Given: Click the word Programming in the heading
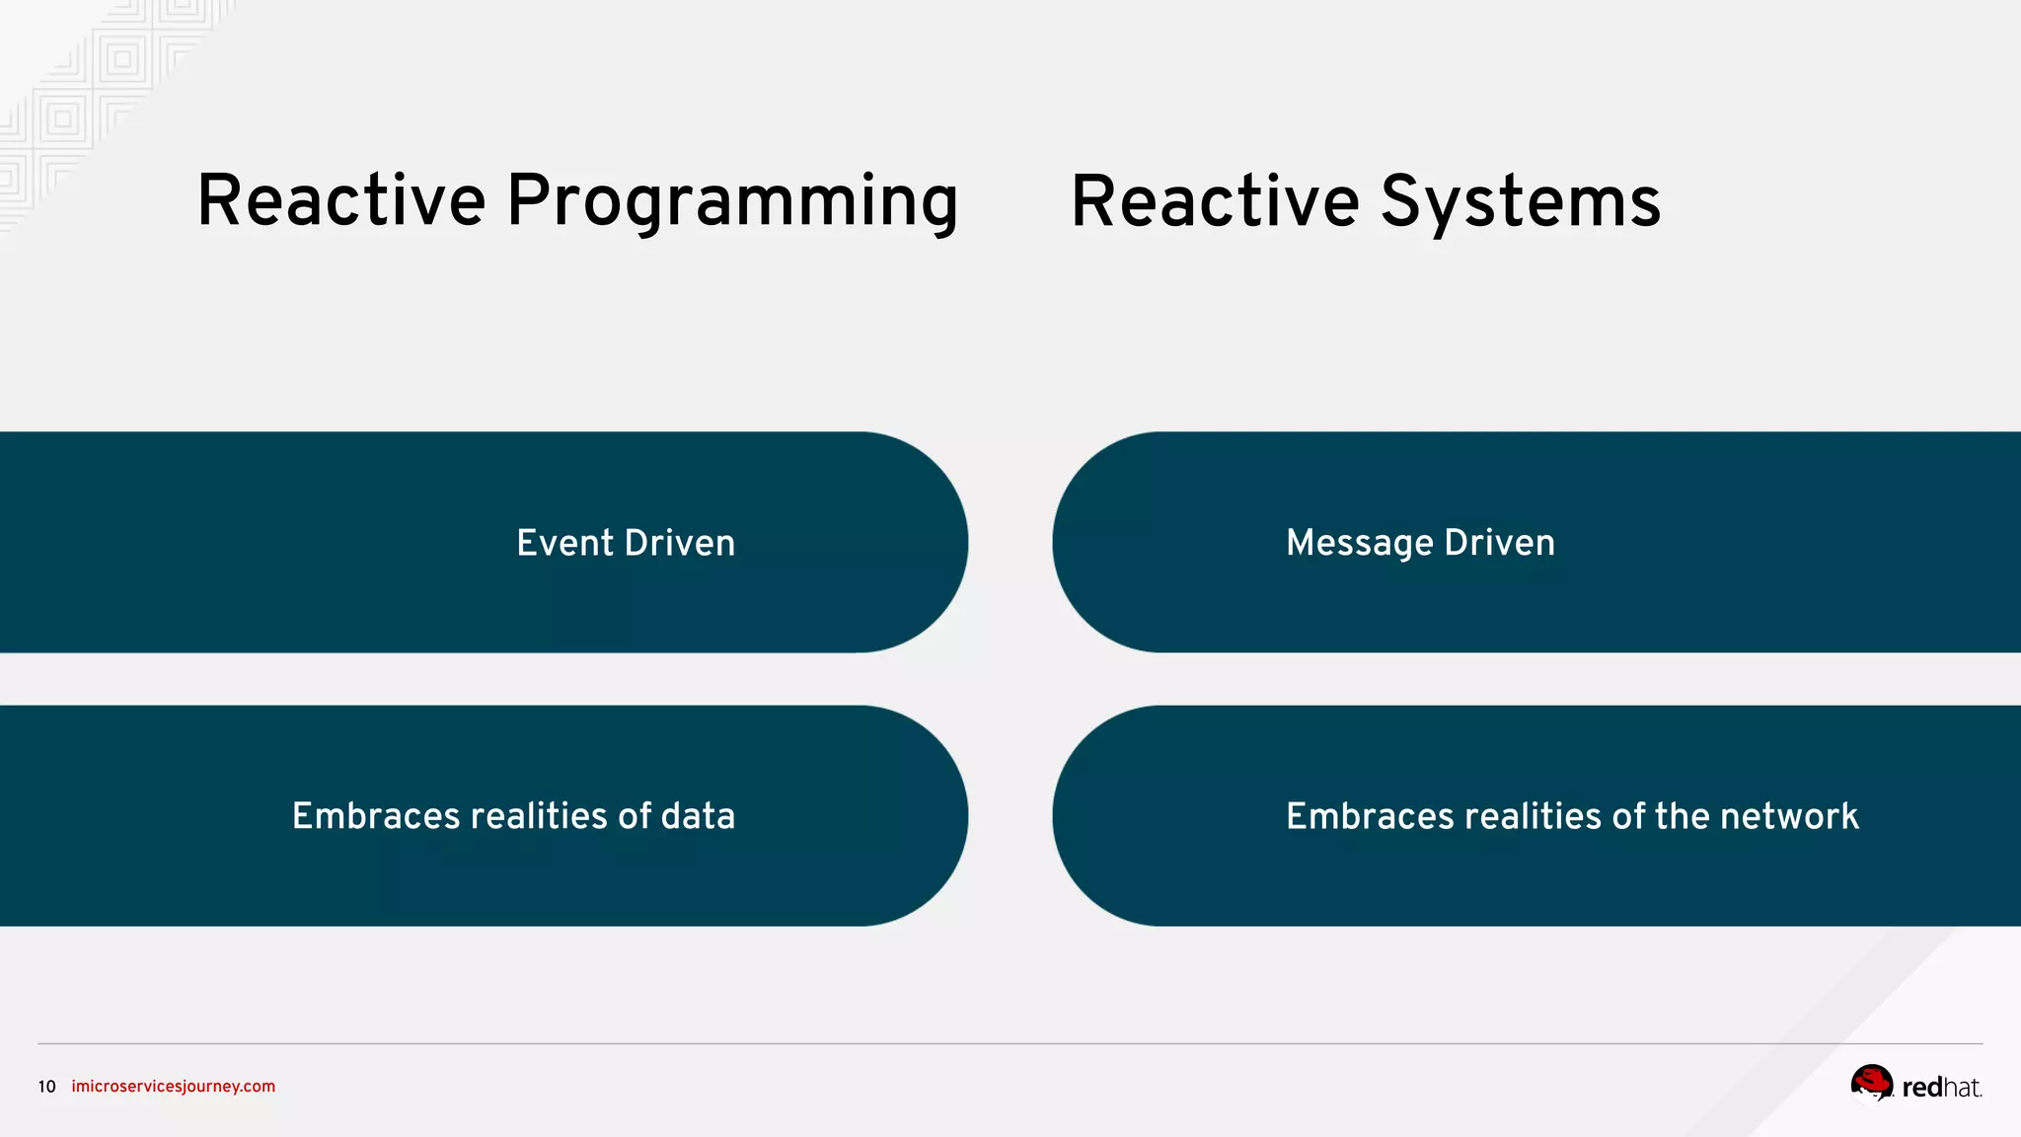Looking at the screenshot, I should pos(731,202).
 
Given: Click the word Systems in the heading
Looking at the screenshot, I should pos(1520,202).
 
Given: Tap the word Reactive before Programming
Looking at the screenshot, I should pos(341,201).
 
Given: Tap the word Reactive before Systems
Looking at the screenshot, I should pos(1215,201).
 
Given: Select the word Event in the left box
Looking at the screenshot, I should pos(564,543).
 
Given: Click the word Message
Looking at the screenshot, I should pos(1359,543).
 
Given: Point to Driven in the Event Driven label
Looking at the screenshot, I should pos(680,543).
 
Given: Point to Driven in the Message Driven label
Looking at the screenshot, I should pos(1499,543).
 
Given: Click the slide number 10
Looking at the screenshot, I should pos(46,1087).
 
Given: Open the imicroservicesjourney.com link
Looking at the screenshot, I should pos(174,1087).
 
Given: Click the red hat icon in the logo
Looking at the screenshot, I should pos(1871,1082).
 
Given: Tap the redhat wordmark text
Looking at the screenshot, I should pos(1941,1088).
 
